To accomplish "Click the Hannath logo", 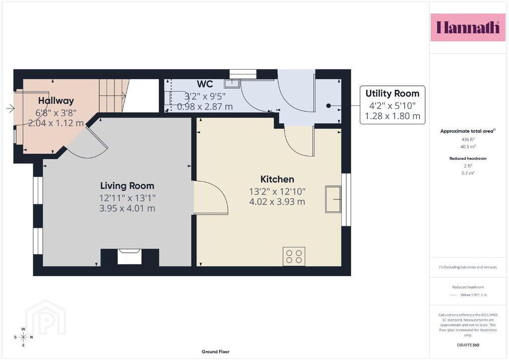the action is click(x=468, y=27).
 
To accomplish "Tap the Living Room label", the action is click(x=127, y=185).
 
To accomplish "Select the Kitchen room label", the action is click(x=277, y=179).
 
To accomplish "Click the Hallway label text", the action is click(x=56, y=100).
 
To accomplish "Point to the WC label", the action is click(x=205, y=84).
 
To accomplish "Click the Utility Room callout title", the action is click(x=393, y=93).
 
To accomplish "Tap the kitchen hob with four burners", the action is click(x=294, y=257).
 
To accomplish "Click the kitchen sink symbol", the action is click(x=333, y=199).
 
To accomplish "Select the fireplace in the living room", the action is click(x=130, y=257).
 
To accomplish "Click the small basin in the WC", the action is click(x=232, y=84).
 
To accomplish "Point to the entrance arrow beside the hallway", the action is click(x=10, y=108).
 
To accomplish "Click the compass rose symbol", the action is click(x=23, y=337).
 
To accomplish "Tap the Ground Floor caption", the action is click(x=216, y=352).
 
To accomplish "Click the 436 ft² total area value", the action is click(x=468, y=140).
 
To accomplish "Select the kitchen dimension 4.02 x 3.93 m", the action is click(x=277, y=201).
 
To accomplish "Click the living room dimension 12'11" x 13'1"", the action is click(x=127, y=198).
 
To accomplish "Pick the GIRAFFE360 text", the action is click(x=468, y=345).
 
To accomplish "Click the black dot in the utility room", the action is click(x=329, y=105).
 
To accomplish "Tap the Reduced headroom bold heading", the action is click(x=468, y=159).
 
